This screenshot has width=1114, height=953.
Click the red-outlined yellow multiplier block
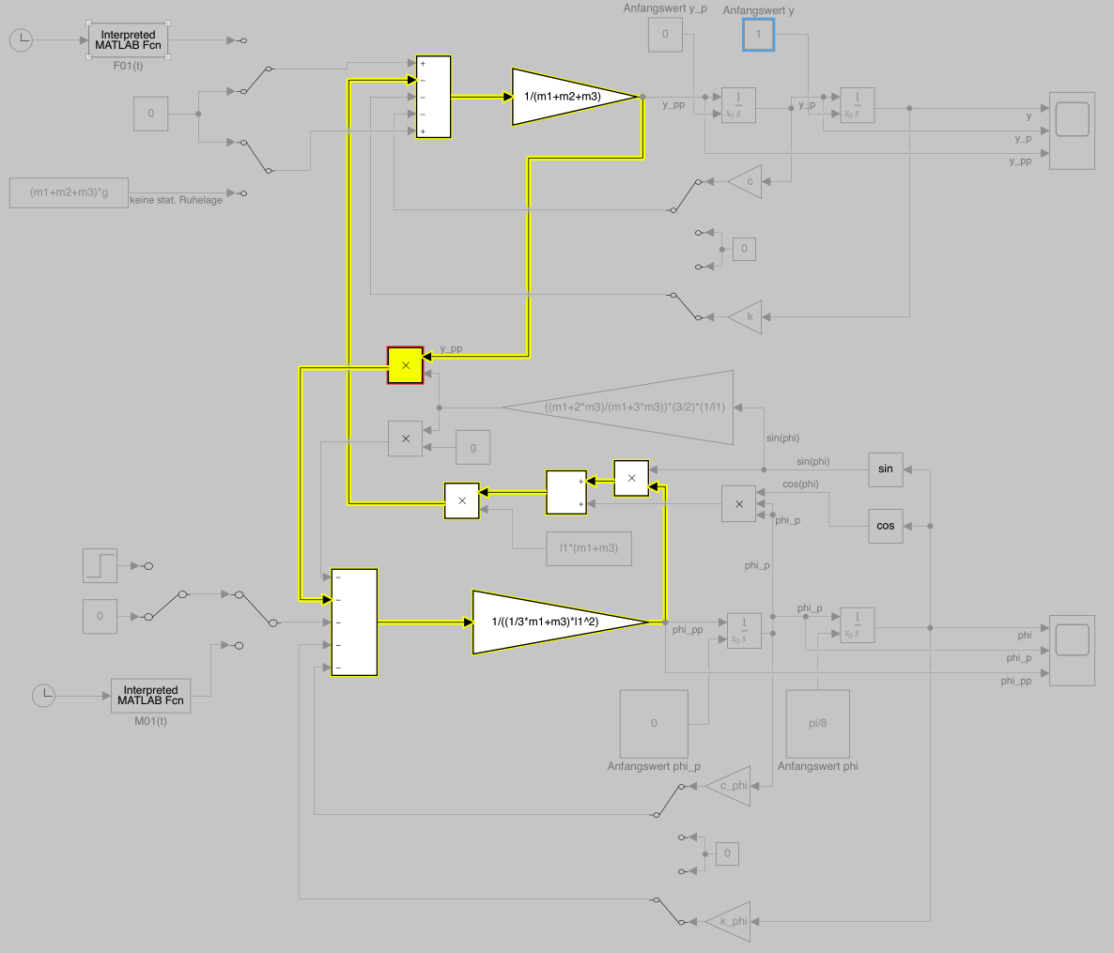click(406, 365)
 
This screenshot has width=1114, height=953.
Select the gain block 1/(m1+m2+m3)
click(564, 96)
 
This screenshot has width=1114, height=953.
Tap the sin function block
click(886, 469)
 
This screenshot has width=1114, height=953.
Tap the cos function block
click(886, 526)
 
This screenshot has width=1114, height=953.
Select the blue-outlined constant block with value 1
click(759, 35)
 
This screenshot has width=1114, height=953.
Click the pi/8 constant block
click(817, 724)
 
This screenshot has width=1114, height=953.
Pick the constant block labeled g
click(472, 447)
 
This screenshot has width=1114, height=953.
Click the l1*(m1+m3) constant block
click(589, 548)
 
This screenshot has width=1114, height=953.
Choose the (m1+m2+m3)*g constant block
click(69, 192)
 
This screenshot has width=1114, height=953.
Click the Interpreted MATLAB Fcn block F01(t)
click(128, 40)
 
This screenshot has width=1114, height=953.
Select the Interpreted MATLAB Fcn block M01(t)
click(150, 696)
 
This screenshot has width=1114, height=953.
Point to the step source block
click(100, 565)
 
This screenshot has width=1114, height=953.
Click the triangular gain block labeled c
click(748, 181)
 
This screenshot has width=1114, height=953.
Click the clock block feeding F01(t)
click(22, 40)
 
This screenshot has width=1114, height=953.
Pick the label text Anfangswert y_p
click(665, 8)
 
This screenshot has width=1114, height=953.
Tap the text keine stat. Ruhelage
click(177, 200)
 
